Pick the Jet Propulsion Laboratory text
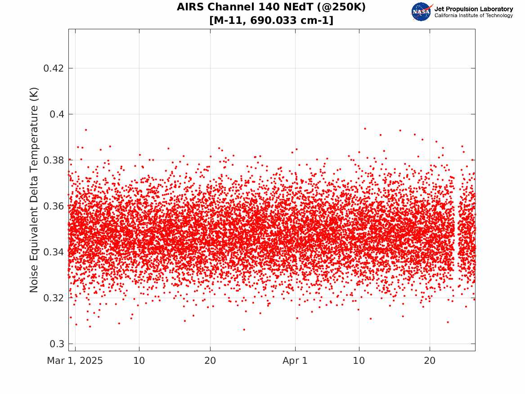coord(474,9)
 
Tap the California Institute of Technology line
coord(474,15)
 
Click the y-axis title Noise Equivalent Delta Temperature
coord(34,190)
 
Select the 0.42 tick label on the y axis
coord(53,68)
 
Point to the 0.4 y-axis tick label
coord(57,114)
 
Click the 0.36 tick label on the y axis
coord(53,206)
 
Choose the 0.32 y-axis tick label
coord(53,298)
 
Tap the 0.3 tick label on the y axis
coord(57,344)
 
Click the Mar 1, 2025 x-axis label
coord(75,361)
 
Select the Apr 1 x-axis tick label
coord(295,361)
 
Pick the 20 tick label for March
coord(210,361)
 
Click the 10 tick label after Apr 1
coord(359,361)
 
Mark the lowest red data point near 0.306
coord(244,330)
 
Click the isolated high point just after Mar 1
coord(86,130)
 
